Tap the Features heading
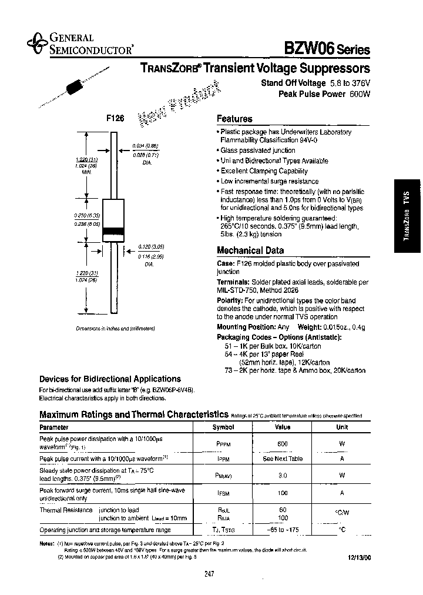coord(234,119)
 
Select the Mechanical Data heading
coord(250,250)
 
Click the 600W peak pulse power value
coord(359,94)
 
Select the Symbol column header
coord(223,427)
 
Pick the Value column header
coord(283,427)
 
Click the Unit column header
coord(342,427)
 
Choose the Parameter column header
coord(54,427)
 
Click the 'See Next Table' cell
coord(283,459)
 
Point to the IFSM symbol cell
coord(223,494)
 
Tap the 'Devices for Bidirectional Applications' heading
coord(110,379)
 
